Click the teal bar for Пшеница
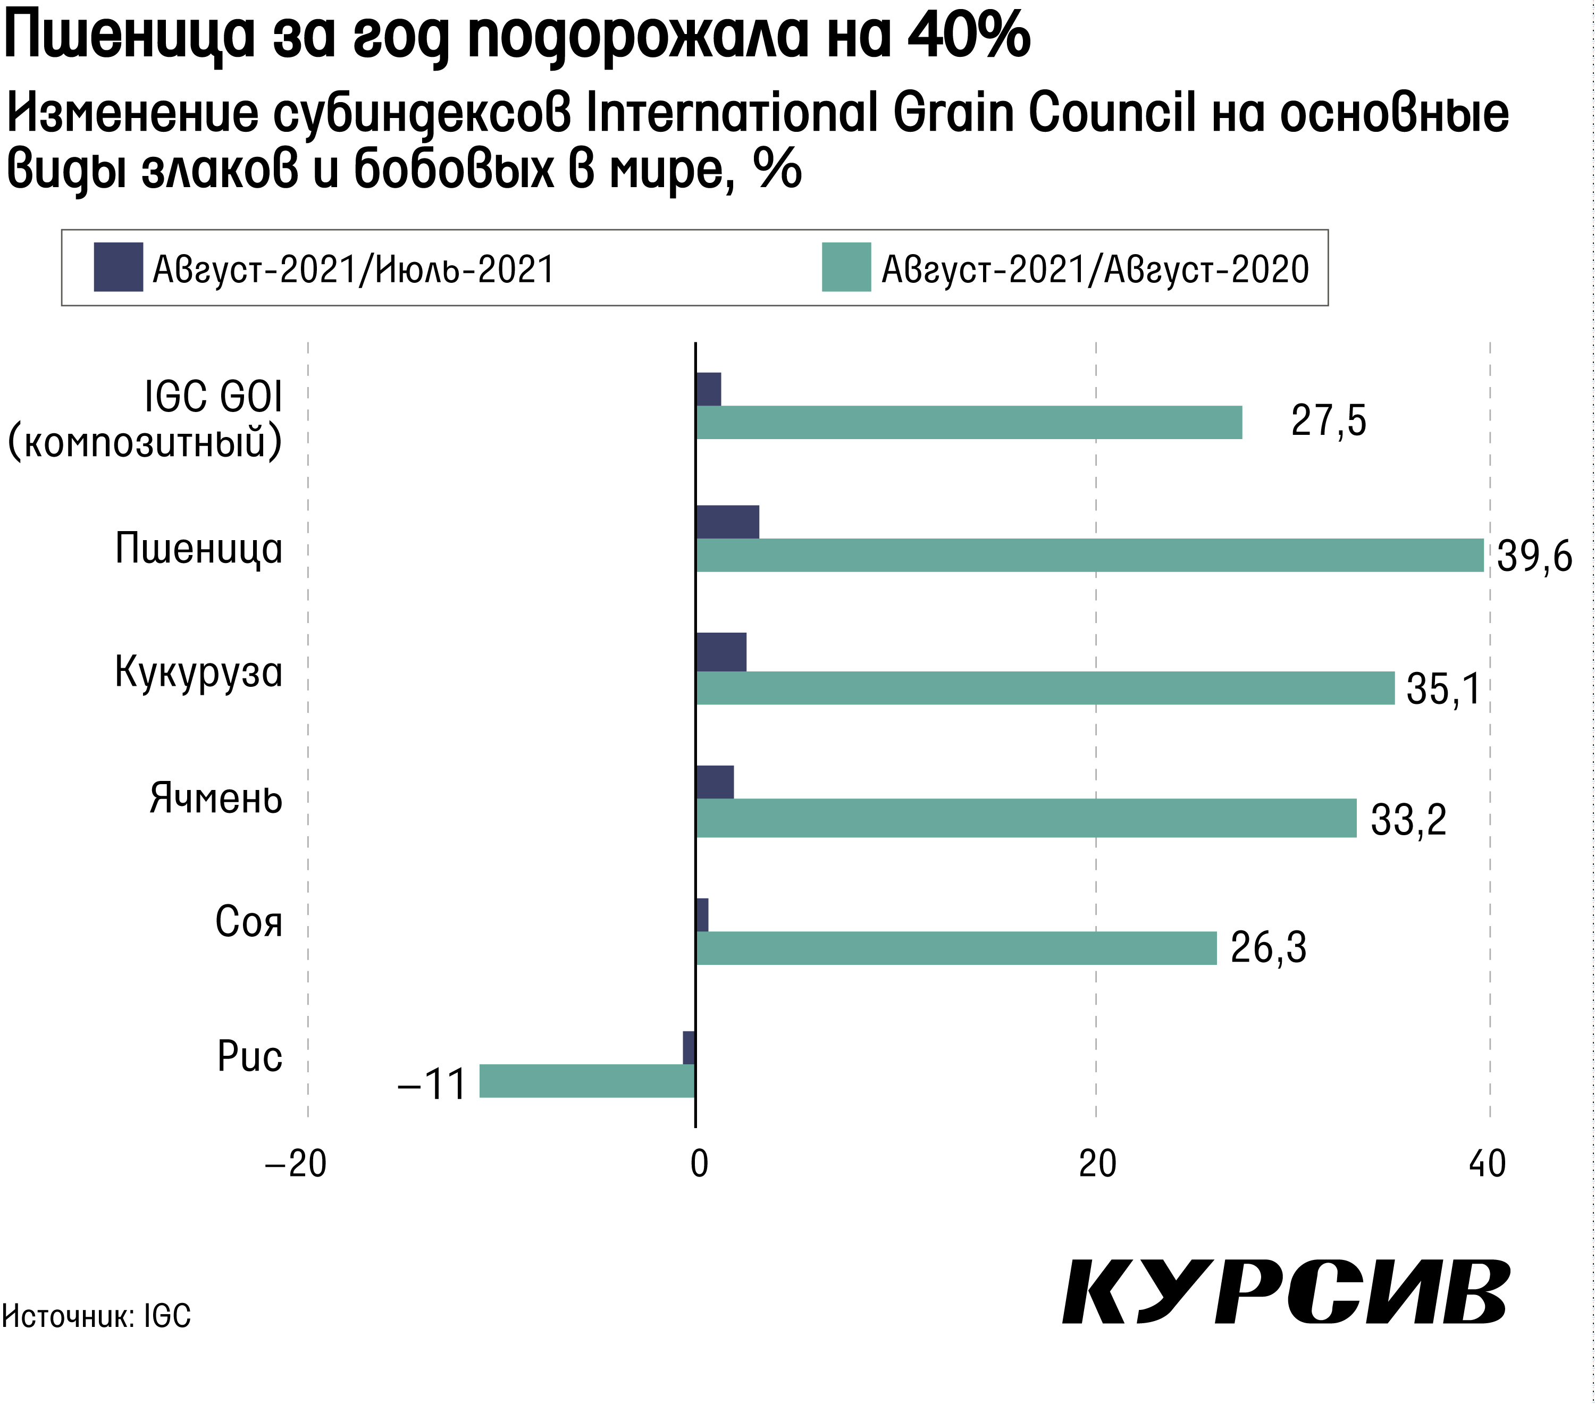tap(1089, 555)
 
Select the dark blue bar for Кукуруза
tap(720, 652)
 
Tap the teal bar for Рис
tap(587, 1081)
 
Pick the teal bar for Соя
tap(956, 948)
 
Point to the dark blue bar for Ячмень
tap(714, 783)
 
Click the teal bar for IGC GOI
tap(968, 422)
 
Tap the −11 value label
tap(432, 1084)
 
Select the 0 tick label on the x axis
tap(699, 1164)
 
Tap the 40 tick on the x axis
tap(1487, 1164)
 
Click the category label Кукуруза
tap(198, 672)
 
